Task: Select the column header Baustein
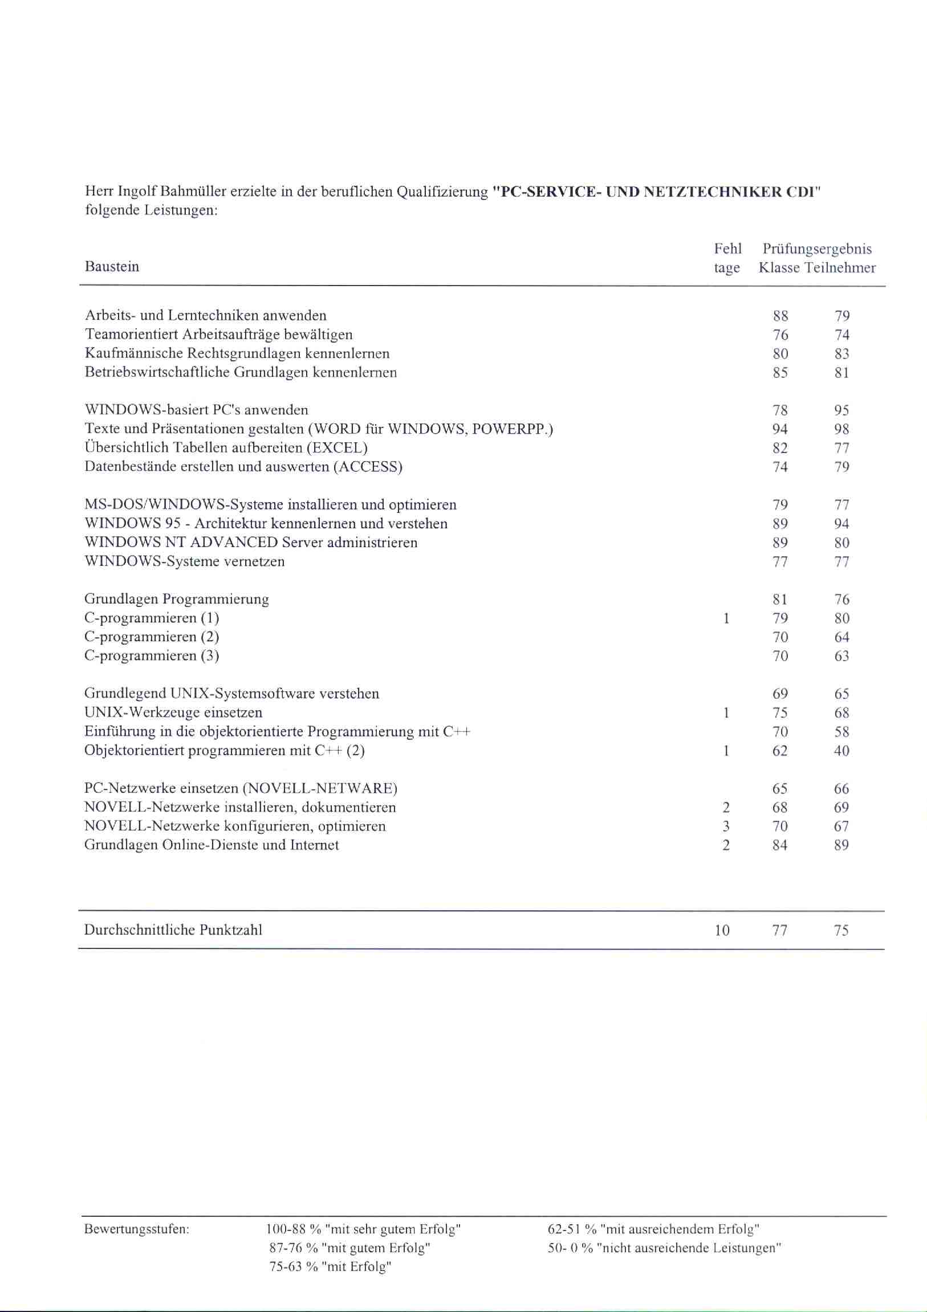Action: pyautogui.click(x=112, y=267)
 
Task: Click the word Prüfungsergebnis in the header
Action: pyautogui.click(x=817, y=249)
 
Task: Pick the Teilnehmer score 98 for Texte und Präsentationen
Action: pyautogui.click(x=841, y=429)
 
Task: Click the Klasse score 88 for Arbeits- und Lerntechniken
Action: pyautogui.click(x=780, y=316)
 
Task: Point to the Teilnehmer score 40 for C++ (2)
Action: pyautogui.click(x=841, y=751)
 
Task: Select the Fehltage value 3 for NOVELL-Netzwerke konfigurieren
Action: pyautogui.click(x=726, y=826)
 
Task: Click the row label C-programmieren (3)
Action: pyautogui.click(x=152, y=655)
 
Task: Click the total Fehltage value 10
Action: pyautogui.click(x=722, y=930)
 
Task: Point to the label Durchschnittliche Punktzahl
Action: pyautogui.click(x=173, y=930)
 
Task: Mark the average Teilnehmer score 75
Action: pyautogui.click(x=841, y=931)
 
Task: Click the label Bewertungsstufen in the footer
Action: pyautogui.click(x=137, y=1229)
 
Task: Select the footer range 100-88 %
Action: pyautogui.click(x=292, y=1229)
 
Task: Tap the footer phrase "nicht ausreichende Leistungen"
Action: pyautogui.click(x=688, y=1248)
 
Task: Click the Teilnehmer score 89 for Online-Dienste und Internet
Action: pyautogui.click(x=841, y=845)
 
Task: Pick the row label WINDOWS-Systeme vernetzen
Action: pyautogui.click(x=185, y=561)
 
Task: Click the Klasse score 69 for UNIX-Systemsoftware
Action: pyautogui.click(x=780, y=694)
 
